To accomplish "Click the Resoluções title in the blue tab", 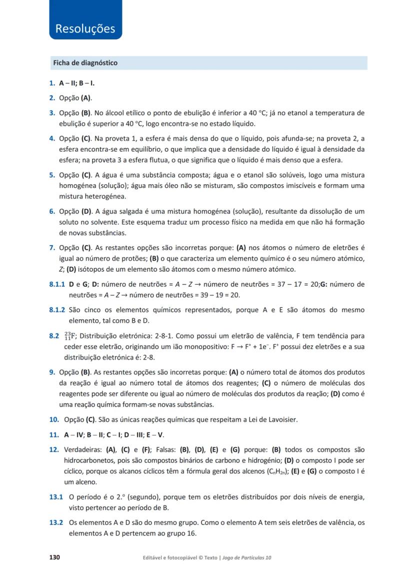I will [x=85, y=29].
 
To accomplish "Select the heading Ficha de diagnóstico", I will [x=85, y=63].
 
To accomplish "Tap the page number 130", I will [x=54, y=557].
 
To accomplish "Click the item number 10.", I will [x=54, y=419].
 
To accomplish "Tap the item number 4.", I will [x=52, y=139].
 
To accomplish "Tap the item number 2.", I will [x=52, y=98].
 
